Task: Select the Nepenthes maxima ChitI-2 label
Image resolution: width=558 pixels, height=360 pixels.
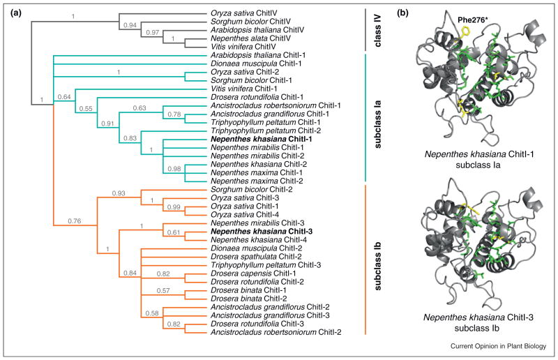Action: [248, 177]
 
